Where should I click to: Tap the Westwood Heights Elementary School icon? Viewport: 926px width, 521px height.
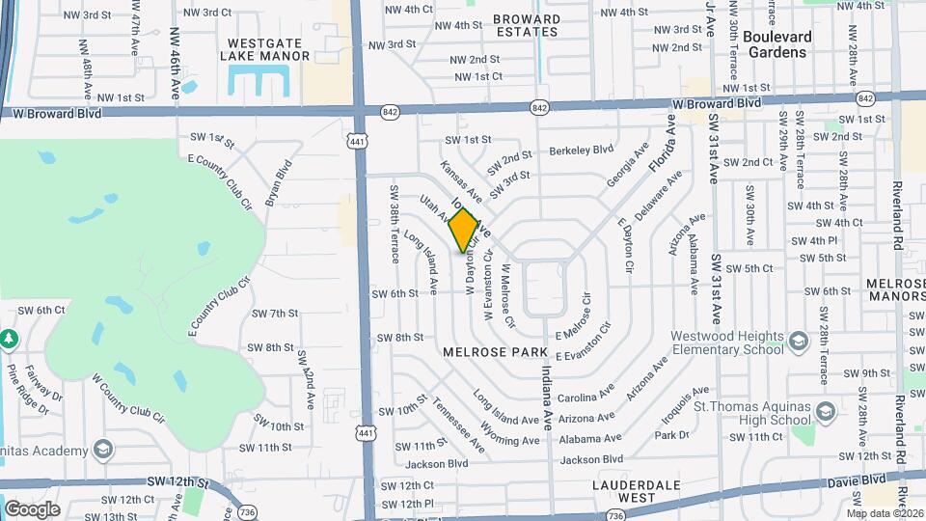click(x=799, y=342)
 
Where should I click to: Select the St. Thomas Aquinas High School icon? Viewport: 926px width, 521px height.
click(x=826, y=412)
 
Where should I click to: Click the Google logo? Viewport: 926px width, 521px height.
click(x=33, y=508)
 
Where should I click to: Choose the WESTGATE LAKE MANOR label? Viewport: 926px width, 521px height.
click(x=269, y=49)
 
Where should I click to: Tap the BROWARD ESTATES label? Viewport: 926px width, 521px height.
click(x=526, y=25)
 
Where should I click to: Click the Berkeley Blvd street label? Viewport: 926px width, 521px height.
click(x=582, y=150)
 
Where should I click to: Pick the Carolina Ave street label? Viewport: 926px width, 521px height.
click(x=586, y=397)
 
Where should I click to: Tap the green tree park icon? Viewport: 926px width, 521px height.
click(x=9, y=340)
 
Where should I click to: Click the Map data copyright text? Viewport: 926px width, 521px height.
click(x=885, y=512)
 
